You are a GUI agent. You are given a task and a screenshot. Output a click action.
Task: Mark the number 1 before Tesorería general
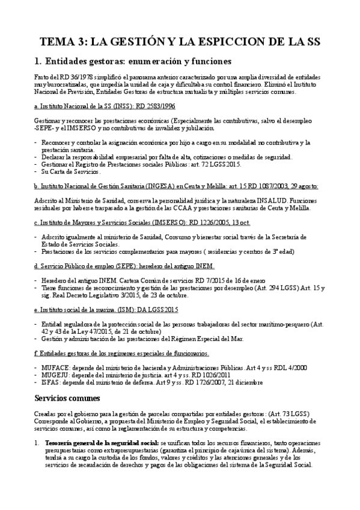point(37,443)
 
